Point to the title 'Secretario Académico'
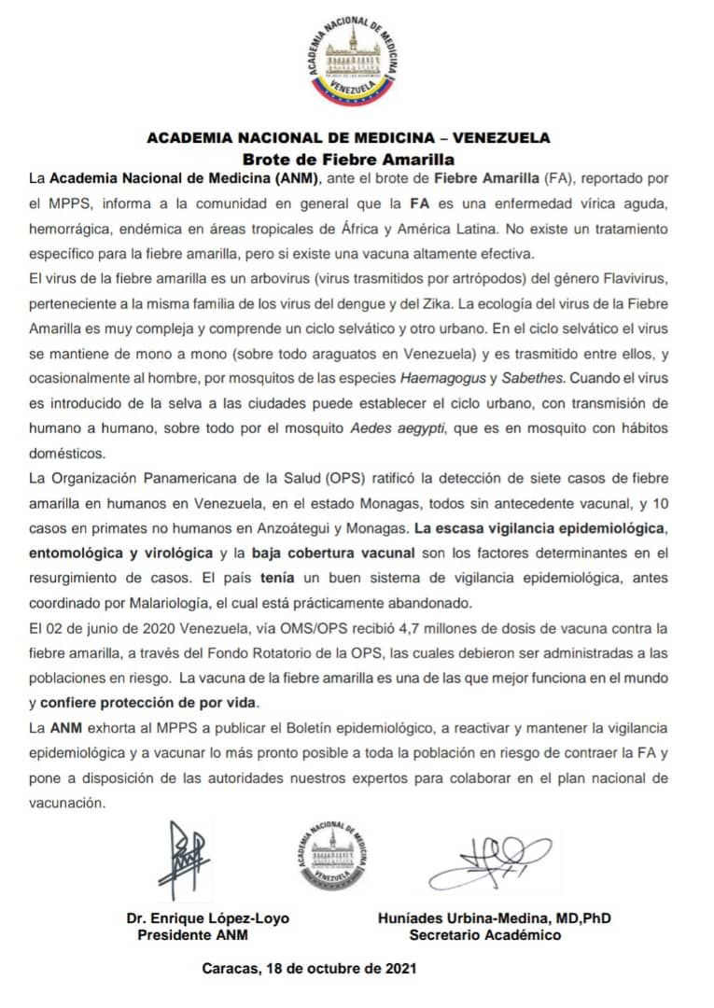(x=484, y=934)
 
